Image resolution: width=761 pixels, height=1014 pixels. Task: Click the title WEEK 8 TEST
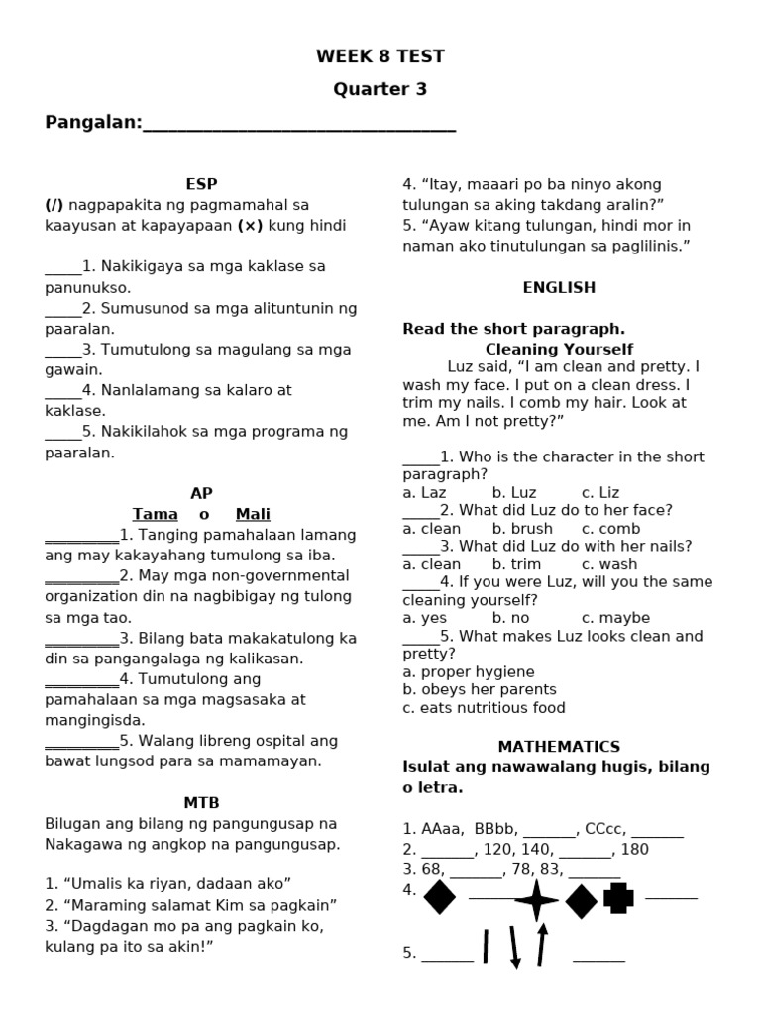click(x=380, y=56)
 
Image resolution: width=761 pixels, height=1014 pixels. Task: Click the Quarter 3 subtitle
click(x=380, y=89)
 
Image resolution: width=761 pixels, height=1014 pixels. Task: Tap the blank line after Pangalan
click(x=299, y=124)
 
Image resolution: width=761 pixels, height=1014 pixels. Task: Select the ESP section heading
click(x=201, y=183)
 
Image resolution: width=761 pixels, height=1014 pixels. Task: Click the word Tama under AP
click(x=156, y=514)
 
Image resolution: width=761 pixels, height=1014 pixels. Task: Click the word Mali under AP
click(x=253, y=514)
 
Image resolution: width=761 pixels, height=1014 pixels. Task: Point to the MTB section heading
click(x=201, y=802)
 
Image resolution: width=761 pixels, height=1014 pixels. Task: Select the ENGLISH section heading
click(x=559, y=287)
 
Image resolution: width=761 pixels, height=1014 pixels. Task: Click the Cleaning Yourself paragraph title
click(x=559, y=349)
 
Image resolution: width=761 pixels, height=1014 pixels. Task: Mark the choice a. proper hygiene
click(x=469, y=671)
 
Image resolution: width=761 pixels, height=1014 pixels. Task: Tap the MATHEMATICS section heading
click(x=559, y=746)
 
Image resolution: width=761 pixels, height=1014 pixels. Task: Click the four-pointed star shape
click(x=536, y=900)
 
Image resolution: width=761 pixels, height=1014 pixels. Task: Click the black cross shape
click(x=618, y=898)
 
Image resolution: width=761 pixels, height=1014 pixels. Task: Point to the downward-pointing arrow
click(x=514, y=948)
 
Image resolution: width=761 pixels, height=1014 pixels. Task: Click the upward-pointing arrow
click(x=541, y=945)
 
